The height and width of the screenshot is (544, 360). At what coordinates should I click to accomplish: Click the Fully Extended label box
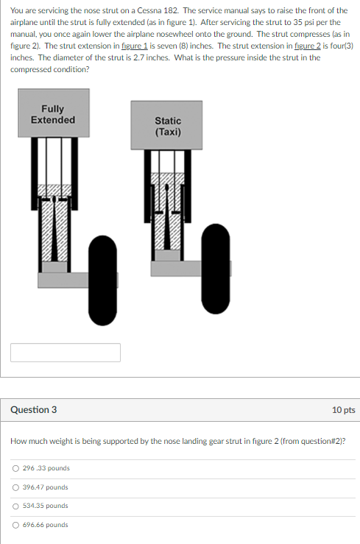click(x=53, y=114)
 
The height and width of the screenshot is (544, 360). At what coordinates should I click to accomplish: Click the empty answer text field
click(x=66, y=353)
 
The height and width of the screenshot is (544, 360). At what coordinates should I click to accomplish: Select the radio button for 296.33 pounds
click(x=15, y=468)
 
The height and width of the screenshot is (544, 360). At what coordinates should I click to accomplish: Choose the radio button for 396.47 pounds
click(x=15, y=487)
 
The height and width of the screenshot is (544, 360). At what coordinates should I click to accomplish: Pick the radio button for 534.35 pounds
click(x=15, y=506)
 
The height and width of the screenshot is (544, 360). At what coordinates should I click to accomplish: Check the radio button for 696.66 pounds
click(x=15, y=526)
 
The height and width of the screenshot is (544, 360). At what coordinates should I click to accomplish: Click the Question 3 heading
click(x=34, y=409)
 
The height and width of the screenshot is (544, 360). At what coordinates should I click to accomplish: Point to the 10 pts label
click(x=343, y=409)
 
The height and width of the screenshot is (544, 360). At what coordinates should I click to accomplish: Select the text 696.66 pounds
click(x=46, y=526)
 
